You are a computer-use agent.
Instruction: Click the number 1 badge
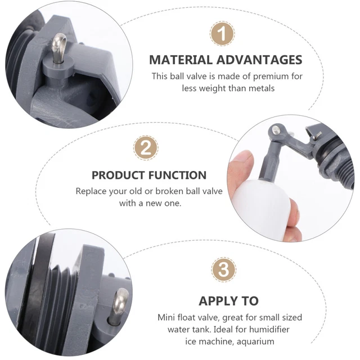coord(222,34)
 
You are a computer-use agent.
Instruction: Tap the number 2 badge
coord(146,148)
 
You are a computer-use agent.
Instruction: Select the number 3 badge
coord(223,270)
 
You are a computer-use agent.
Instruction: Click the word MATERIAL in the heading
coord(181,60)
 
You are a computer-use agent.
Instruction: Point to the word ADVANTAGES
coord(259,60)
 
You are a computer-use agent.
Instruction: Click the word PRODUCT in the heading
coord(118,175)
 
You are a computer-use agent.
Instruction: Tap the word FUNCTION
coord(178,175)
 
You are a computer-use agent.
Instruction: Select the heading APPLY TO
coord(229,301)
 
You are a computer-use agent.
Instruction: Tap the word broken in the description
coord(169,191)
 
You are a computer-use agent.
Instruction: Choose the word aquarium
coord(255,341)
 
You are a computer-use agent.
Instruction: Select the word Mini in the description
coord(166,317)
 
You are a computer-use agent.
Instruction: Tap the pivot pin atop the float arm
coord(276,130)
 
